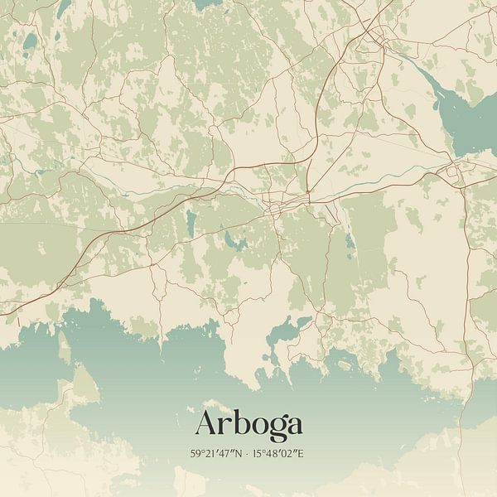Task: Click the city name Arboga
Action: point(248,424)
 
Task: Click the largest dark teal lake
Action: point(464,116)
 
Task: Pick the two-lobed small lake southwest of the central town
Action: point(233,241)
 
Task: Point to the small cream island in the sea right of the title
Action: point(344,365)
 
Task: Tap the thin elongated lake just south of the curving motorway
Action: point(191,221)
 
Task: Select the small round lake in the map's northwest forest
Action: point(31,41)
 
